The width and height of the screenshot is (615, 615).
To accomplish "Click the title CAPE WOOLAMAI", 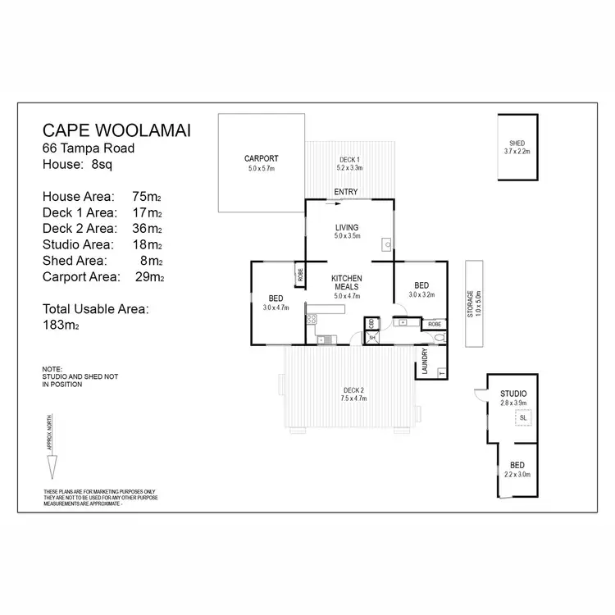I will (116, 132).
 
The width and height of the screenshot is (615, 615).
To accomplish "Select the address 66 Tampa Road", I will (89, 148).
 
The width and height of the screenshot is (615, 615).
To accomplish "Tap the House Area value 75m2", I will (147, 197).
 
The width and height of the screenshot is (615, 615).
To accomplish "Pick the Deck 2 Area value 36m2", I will (147, 229).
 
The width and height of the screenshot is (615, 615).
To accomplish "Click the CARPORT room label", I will (262, 158).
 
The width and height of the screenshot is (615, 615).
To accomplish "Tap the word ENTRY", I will (346, 193).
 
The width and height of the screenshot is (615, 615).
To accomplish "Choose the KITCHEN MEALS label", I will (347, 284).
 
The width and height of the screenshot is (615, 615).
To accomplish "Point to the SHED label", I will (517, 144).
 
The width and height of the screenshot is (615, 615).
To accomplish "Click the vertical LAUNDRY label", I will (426, 361).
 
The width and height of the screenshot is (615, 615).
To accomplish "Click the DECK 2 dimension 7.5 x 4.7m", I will (353, 399).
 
